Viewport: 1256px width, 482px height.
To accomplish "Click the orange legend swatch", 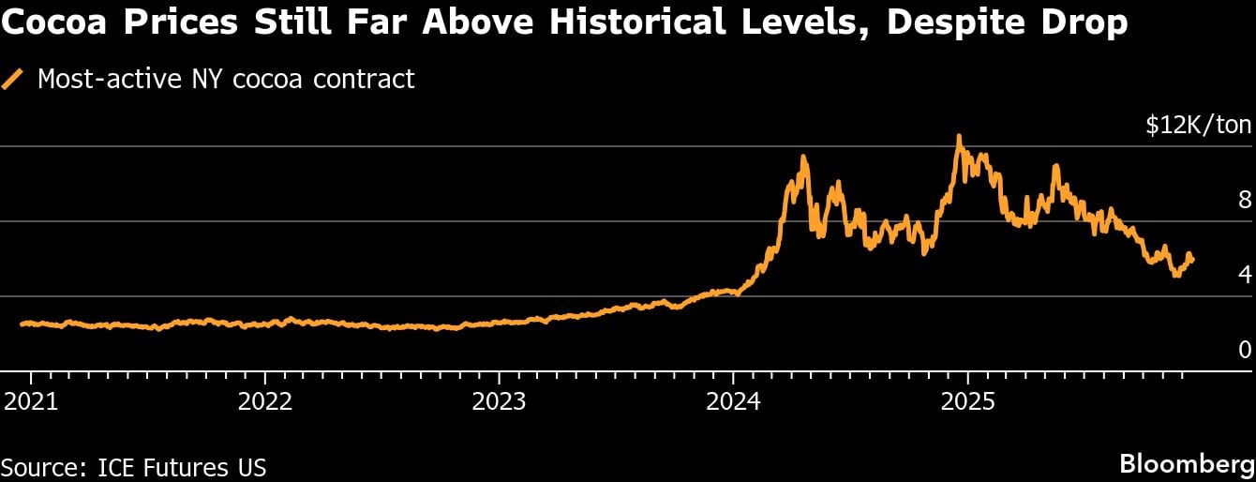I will [x=13, y=80].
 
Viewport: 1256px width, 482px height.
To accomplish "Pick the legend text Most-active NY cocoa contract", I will [x=225, y=79].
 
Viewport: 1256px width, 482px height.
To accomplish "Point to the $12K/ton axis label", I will [x=1198, y=126].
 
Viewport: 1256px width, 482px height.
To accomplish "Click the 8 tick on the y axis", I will [x=1244, y=200].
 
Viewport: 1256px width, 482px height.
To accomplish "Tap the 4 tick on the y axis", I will [x=1244, y=275].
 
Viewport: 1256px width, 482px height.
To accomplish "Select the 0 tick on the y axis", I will [x=1244, y=350].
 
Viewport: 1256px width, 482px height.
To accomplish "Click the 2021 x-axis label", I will [x=32, y=402].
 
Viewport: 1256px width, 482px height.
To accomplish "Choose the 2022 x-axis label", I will [x=266, y=402].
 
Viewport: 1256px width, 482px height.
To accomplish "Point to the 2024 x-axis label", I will [x=734, y=402].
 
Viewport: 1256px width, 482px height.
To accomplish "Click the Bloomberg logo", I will [x=1185, y=463].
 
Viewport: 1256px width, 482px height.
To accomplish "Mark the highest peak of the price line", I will [x=958, y=138].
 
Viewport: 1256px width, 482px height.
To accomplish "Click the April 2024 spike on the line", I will [x=803, y=158].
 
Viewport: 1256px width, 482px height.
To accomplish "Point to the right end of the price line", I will [x=1191, y=260].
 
